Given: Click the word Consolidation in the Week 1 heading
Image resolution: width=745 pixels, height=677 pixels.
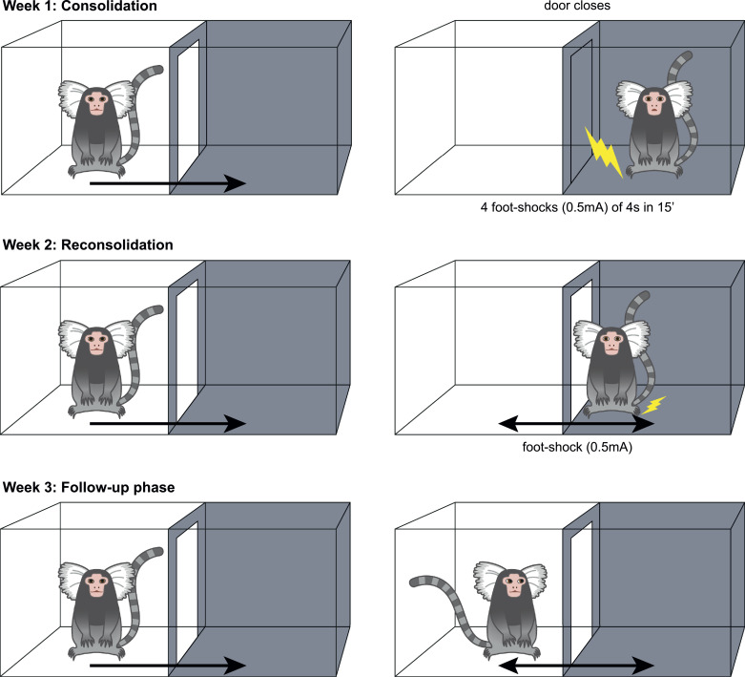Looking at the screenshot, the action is coord(110,6).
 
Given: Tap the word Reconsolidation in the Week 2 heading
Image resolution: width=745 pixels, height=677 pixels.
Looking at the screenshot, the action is coord(117,245).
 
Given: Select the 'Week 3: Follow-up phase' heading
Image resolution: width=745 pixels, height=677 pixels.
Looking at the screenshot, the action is coord(89,488).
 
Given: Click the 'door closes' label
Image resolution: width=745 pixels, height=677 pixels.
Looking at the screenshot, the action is coord(577,6).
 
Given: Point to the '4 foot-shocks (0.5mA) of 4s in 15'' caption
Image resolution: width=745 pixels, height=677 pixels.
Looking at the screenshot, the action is coord(577,207).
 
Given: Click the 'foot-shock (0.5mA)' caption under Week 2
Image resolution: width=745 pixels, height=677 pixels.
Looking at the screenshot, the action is coord(577,447).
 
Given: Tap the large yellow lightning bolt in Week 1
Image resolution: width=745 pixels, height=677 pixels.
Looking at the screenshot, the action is coord(603,152).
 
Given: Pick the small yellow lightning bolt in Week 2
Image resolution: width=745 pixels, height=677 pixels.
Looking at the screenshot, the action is coord(654,405).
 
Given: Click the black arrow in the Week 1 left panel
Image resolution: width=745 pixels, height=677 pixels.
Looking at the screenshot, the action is coord(168,183).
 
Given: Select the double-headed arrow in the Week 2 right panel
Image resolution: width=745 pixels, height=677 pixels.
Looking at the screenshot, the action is coord(576,423).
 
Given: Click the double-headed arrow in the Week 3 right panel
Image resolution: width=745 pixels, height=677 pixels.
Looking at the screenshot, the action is coord(576,666).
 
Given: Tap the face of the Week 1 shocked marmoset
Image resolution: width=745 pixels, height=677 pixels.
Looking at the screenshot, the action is coord(653,103).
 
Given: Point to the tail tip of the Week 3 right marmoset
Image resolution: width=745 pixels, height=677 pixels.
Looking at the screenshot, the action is coord(413,582).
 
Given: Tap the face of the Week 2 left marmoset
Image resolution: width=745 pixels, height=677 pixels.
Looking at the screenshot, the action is coord(97,343).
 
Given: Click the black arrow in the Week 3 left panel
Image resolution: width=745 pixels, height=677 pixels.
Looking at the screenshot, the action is coord(168,666).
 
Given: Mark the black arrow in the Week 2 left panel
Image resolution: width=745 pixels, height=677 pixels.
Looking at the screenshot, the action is coord(168,423).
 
